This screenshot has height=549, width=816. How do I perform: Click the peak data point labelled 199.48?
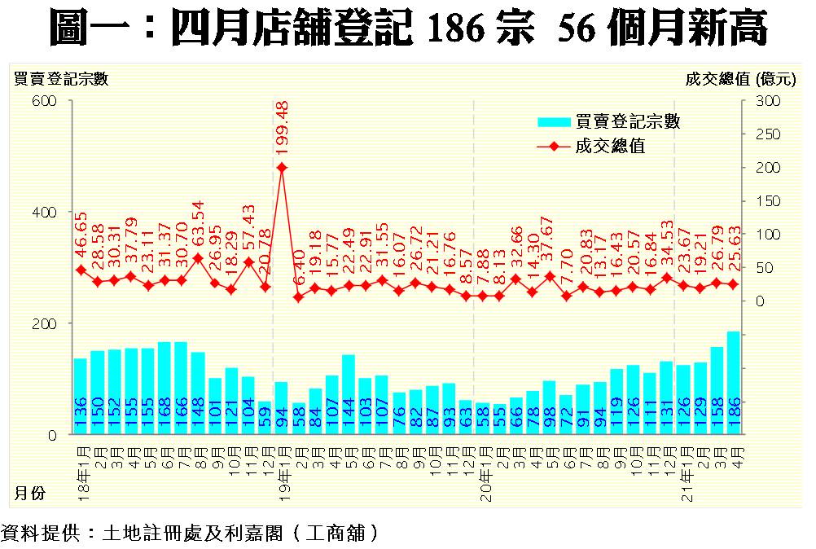[x=282, y=168]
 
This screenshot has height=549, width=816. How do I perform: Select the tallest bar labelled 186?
[x=733, y=383]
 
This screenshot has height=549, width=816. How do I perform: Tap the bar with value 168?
[x=164, y=388]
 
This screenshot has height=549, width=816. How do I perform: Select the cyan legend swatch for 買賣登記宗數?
[x=554, y=122]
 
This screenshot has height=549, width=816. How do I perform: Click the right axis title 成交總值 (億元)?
[x=738, y=78]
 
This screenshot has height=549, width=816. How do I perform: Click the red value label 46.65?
[x=81, y=236]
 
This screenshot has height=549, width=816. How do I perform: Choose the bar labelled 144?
[x=349, y=394]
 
